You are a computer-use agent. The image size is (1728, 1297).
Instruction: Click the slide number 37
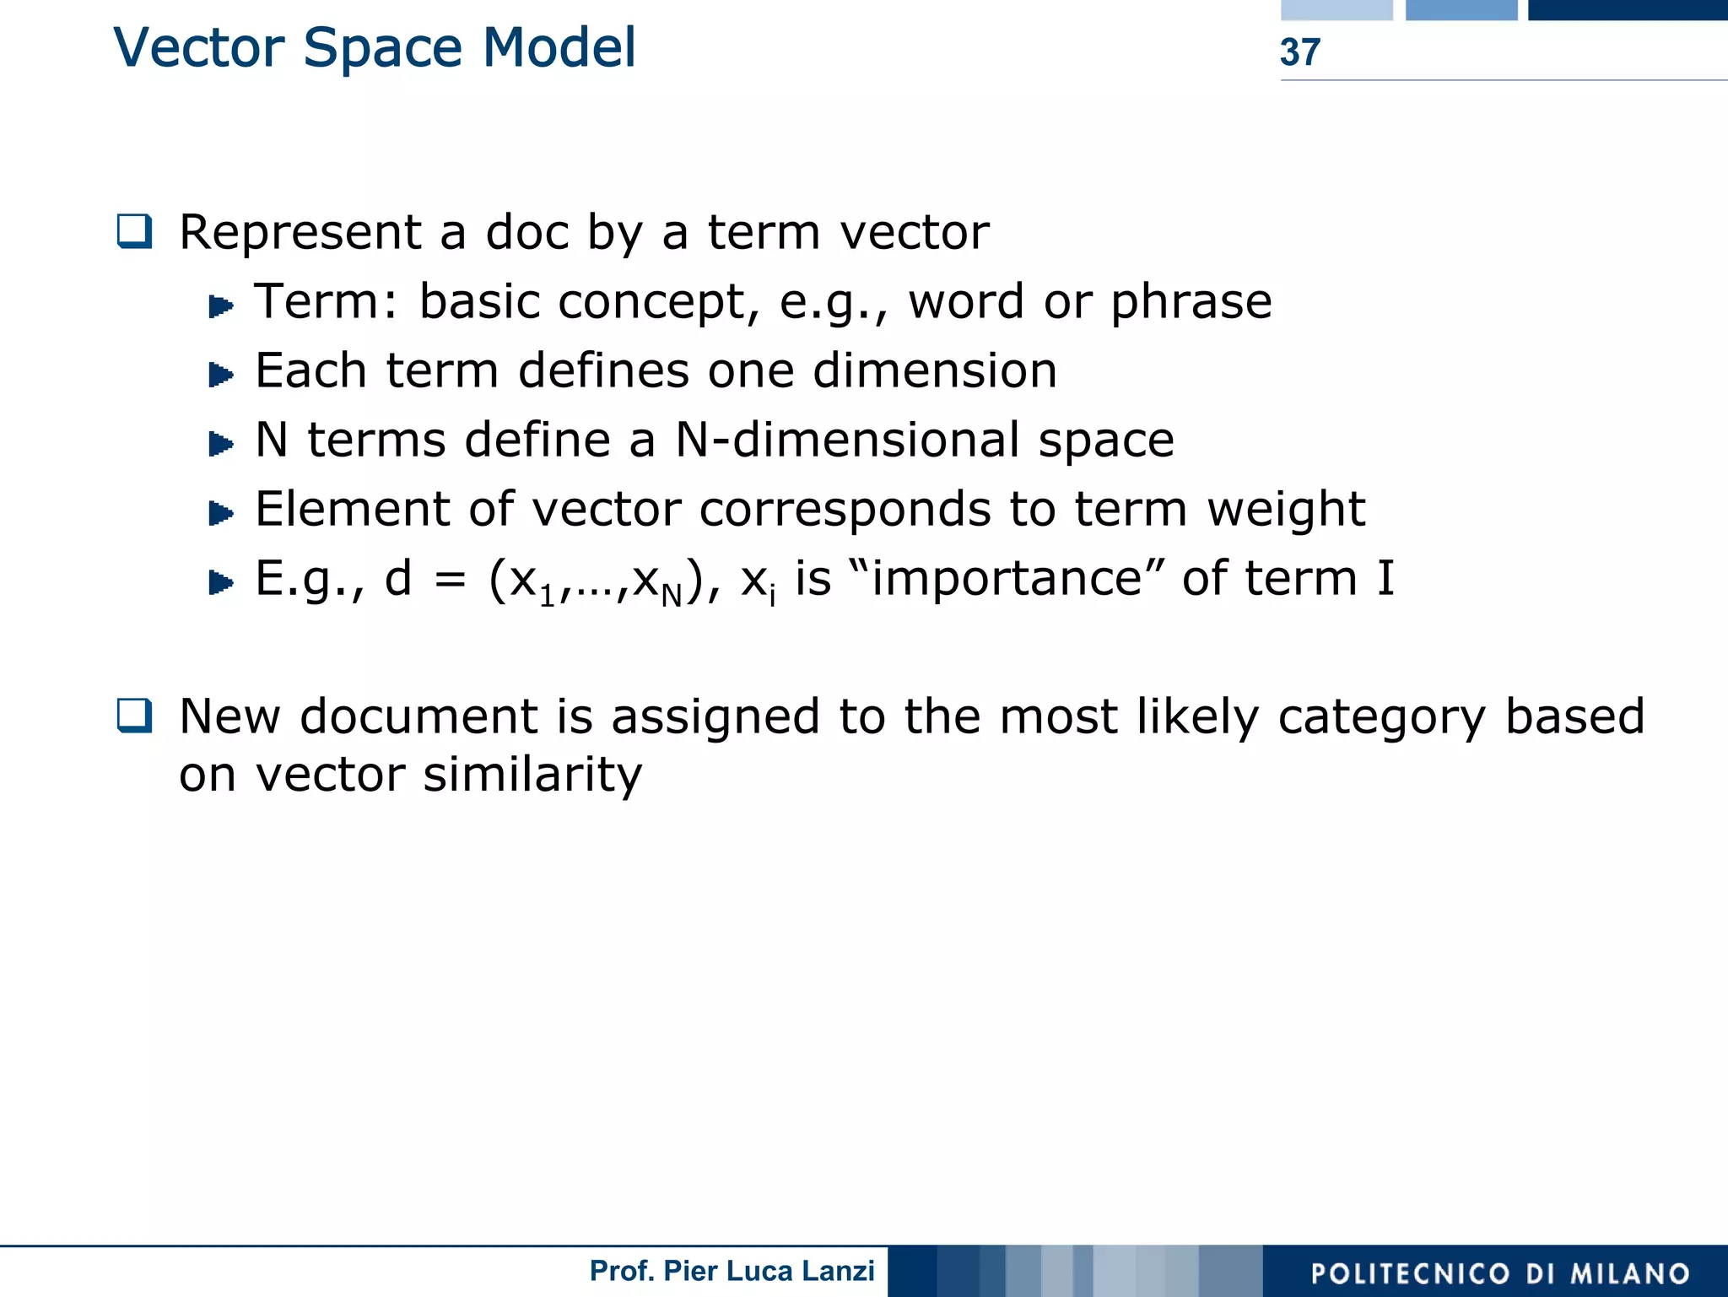1299,52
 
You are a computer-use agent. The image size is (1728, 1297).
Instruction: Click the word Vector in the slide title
199,48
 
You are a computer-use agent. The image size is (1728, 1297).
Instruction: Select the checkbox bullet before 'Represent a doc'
135,231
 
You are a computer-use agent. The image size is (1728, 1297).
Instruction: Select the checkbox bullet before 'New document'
135,716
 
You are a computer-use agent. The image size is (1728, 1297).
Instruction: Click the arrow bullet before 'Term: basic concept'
220,305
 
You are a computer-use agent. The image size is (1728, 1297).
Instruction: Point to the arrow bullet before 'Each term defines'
220,375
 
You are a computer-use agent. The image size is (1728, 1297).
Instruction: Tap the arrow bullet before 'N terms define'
220,444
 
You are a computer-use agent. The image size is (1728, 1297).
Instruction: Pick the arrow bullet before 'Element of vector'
220,513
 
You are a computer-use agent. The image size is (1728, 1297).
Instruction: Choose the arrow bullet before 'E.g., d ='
220,582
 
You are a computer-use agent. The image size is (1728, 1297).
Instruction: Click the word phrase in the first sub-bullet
1191,303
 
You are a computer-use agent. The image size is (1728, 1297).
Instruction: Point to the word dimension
934,370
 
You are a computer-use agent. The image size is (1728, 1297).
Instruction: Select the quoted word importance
1007,579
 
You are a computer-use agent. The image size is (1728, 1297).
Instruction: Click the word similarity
532,775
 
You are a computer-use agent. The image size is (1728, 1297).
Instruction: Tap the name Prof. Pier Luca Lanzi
732,1271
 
